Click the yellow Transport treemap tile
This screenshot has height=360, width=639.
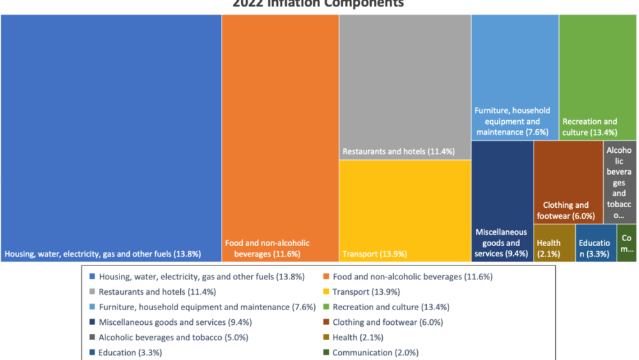pos(404,211)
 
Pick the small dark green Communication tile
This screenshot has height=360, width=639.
pos(627,243)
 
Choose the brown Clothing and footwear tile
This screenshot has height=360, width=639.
pos(567,182)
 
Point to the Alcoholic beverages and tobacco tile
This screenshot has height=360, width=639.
pos(620,182)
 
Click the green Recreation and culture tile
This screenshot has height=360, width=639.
pos(597,77)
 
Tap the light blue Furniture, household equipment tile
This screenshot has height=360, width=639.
pos(514,77)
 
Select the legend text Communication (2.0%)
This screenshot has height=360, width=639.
pos(375,353)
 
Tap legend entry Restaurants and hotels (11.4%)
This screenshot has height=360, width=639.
pos(157,292)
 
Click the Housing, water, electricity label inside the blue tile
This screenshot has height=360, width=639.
pos(103,254)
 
